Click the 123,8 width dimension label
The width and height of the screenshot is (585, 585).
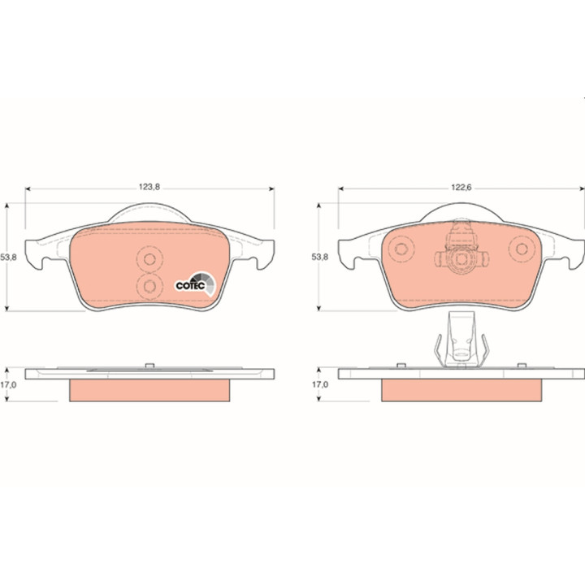coord(149,187)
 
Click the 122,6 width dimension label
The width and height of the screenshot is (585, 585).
coord(461,187)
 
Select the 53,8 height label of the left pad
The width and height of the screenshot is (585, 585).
coord(8,257)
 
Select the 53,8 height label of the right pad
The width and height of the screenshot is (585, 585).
coord(320,257)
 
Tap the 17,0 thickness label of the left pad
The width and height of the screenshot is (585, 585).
coord(8,384)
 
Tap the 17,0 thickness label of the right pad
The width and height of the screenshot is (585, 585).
coord(320,384)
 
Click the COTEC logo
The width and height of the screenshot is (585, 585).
coord(196,284)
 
